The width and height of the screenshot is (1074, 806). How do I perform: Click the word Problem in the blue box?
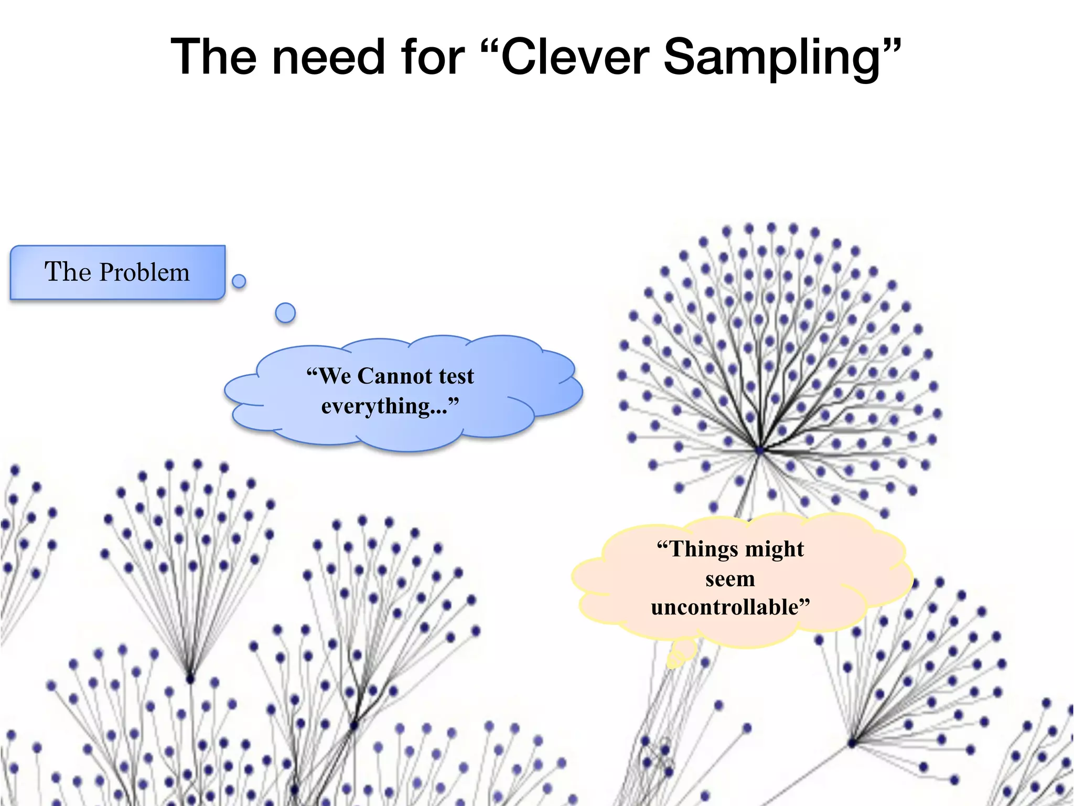144,272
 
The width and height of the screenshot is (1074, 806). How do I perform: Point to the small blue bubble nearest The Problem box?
239,281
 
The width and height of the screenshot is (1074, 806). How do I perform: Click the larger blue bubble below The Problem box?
285,313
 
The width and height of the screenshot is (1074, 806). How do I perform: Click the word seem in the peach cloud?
730,579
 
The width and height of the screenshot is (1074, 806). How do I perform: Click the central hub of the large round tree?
760,450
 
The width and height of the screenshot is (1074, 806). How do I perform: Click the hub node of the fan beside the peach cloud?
852,743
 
